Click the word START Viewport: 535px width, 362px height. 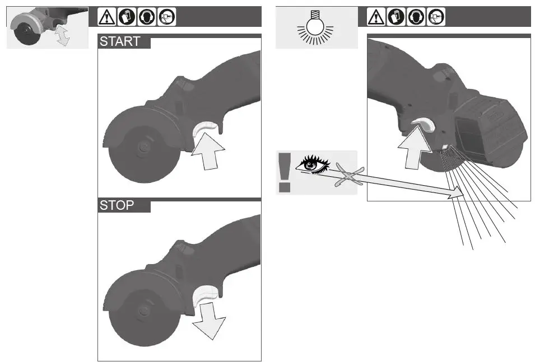click(120, 42)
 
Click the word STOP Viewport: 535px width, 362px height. click(117, 205)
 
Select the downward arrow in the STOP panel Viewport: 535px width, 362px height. click(208, 319)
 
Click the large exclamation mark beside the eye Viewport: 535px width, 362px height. click(285, 172)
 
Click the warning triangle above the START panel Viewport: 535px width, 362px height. click(105, 17)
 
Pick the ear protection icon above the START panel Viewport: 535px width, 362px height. click(146, 17)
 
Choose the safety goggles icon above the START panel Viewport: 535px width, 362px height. click(166, 17)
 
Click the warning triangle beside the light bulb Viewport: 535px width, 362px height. click(375, 17)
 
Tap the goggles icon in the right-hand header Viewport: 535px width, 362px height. click(436, 17)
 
